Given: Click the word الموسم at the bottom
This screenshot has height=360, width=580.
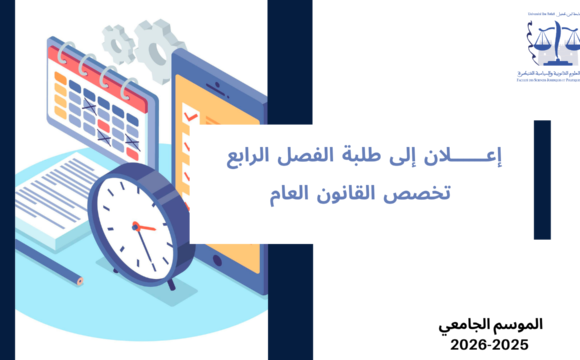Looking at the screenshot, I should [x=518, y=326].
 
